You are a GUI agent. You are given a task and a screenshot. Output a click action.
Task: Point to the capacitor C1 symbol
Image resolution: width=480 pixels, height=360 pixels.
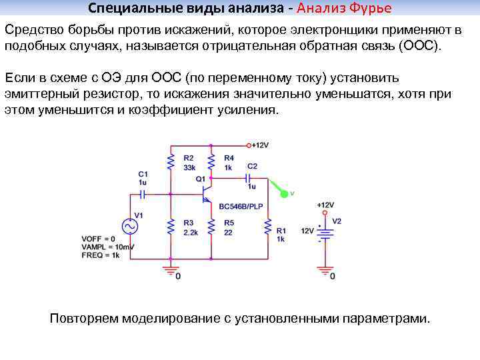142,194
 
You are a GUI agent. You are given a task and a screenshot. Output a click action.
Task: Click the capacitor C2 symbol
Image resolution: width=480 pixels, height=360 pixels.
248,177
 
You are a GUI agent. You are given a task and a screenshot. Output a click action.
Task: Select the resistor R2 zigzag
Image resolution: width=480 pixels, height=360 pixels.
171,162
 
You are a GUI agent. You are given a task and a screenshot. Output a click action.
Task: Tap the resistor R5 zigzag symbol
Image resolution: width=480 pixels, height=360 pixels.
211,227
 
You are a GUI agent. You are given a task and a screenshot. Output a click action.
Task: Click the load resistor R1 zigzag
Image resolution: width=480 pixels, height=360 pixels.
268,227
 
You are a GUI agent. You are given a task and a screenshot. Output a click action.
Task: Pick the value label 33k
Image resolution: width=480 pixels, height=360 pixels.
188,167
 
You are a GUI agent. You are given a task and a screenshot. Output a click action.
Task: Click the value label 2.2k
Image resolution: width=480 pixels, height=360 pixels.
190,233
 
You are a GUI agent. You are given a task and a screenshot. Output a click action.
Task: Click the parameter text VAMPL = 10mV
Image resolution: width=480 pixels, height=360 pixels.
108,247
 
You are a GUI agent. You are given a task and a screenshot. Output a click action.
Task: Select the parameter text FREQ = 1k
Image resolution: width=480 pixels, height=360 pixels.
100,255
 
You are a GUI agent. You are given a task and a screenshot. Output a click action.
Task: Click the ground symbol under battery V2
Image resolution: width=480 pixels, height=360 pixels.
325,270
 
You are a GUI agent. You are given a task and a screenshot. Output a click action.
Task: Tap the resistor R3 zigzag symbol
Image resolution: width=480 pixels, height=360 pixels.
171,227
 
